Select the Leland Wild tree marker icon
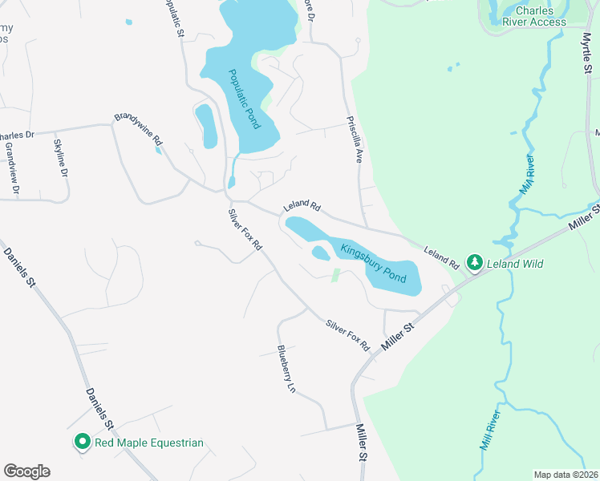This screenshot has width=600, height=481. pos(475,263)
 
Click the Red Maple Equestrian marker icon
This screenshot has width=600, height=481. pos(82,442)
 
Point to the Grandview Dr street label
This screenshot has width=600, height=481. pos(10,169)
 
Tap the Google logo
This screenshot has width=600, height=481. pos(26,471)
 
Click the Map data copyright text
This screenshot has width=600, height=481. pos(566,475)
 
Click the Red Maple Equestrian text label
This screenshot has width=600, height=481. pos(149,443)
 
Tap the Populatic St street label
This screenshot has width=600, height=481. pos(173,18)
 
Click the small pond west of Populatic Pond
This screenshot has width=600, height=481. pos(206,126)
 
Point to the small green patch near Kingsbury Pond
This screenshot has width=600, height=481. pos(336,276)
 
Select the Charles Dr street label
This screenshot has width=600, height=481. pos(18,135)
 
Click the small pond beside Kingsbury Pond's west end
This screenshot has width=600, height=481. pos(320,253)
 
